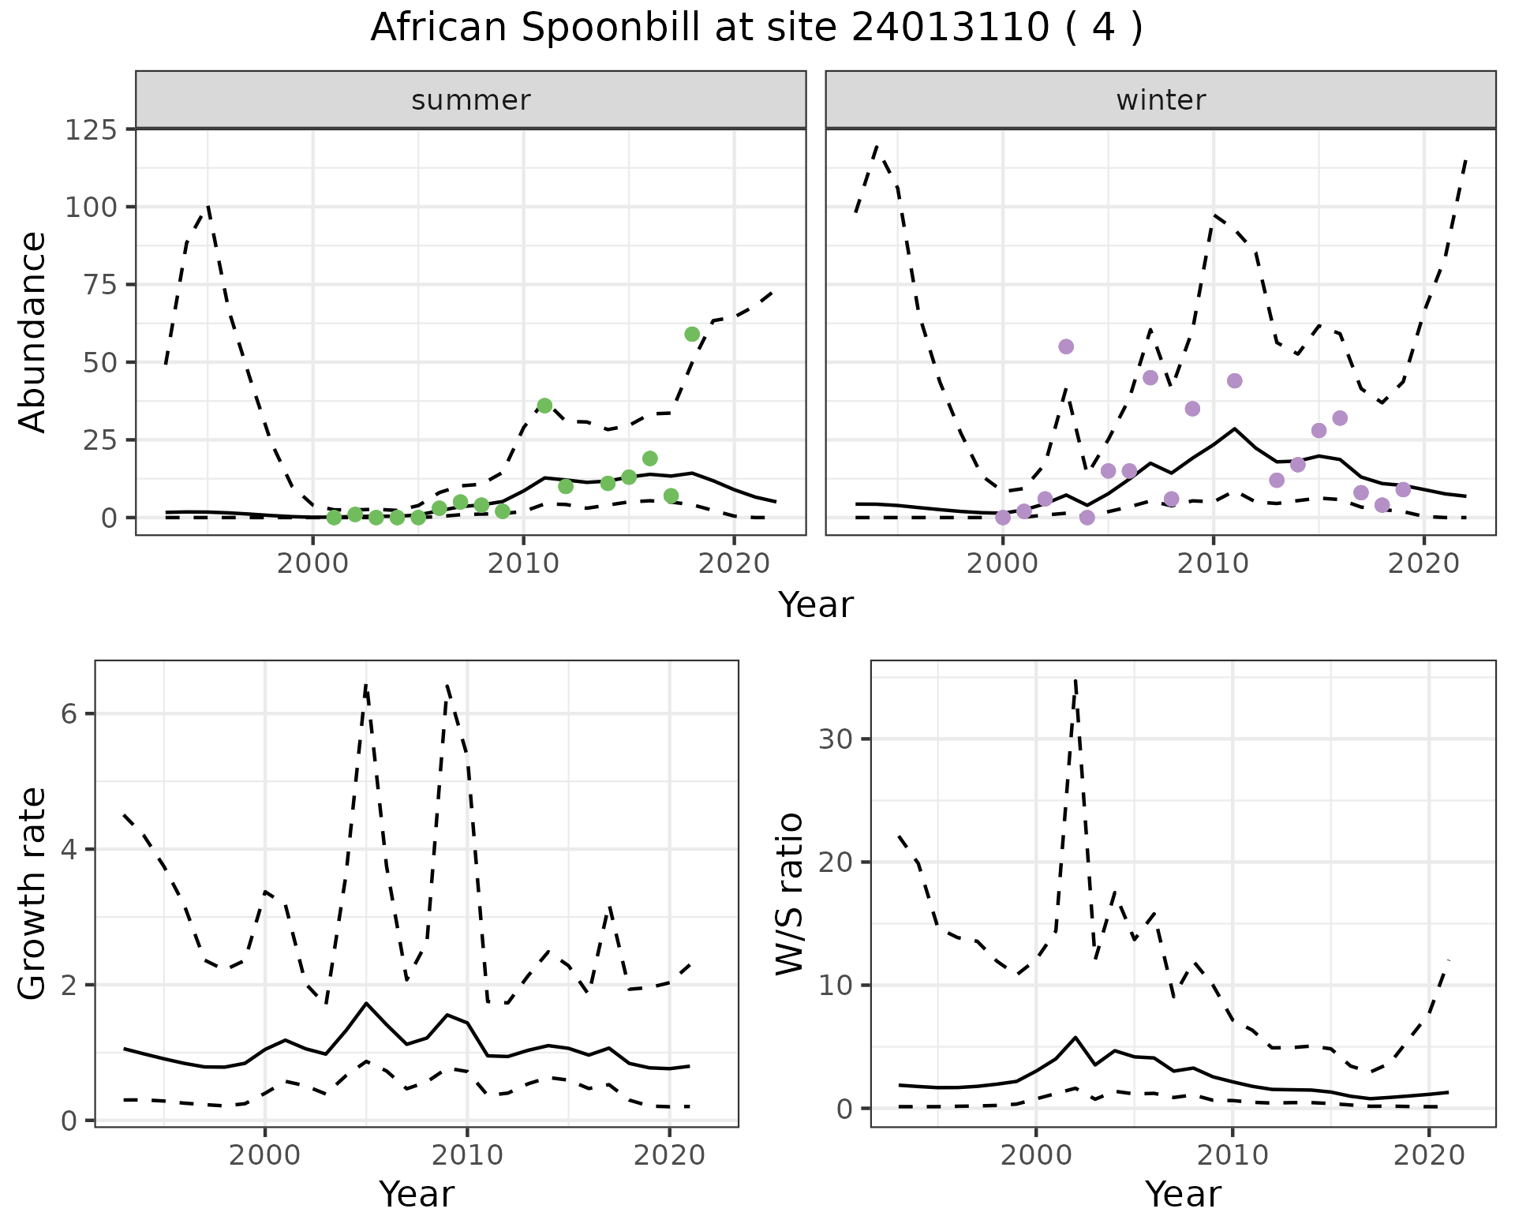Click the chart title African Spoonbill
(x=756, y=28)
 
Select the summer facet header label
(x=470, y=100)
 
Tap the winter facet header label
(x=1160, y=100)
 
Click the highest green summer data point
(x=692, y=334)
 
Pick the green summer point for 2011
(x=544, y=406)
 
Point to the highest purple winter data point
(x=1066, y=346)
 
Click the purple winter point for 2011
(x=1235, y=381)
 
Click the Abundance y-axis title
(x=33, y=331)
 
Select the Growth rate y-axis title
(x=33, y=894)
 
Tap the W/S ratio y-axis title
(x=789, y=894)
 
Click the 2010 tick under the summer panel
(x=523, y=564)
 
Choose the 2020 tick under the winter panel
(x=1424, y=564)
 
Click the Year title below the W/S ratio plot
(x=1183, y=1194)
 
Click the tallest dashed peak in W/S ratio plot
(x=1075, y=679)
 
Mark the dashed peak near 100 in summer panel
(x=208, y=206)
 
